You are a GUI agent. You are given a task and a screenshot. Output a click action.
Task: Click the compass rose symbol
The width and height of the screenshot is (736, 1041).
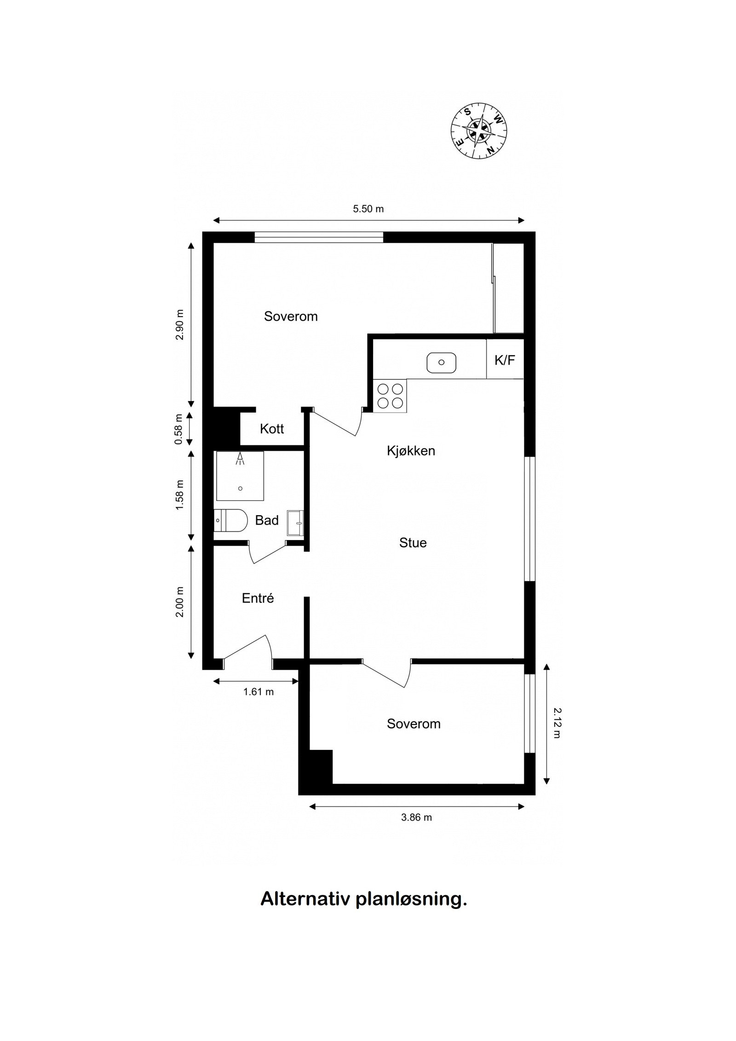[x=479, y=132]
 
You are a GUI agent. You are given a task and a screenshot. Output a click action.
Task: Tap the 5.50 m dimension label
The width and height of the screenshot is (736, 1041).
[x=368, y=209]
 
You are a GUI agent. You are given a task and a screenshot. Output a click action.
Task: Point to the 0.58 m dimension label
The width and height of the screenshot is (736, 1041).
[x=178, y=429]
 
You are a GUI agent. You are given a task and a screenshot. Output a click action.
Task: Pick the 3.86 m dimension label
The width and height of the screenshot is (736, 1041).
[x=417, y=817]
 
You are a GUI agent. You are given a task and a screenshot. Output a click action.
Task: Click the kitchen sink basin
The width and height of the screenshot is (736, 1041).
[x=441, y=362]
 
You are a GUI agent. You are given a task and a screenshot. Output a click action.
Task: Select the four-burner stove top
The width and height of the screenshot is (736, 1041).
[x=390, y=396]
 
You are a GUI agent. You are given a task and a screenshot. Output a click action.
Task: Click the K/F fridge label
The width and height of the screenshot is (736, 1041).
[x=505, y=360]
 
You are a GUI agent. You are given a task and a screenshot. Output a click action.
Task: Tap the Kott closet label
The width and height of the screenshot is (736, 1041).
[x=272, y=429]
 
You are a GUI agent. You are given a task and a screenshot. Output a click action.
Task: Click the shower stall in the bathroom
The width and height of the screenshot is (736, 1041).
[x=240, y=476]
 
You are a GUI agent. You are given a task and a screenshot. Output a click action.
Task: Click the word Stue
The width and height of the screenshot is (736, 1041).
[x=413, y=543]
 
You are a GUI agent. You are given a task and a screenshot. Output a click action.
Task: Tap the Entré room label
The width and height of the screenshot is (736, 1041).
[x=258, y=598]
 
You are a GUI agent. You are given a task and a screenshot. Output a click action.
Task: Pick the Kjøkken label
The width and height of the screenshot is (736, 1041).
[x=411, y=451]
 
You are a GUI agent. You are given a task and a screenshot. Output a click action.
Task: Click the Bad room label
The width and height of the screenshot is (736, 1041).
[x=267, y=520]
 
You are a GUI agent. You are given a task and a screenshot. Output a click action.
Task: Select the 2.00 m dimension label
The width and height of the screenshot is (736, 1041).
[x=179, y=602]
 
